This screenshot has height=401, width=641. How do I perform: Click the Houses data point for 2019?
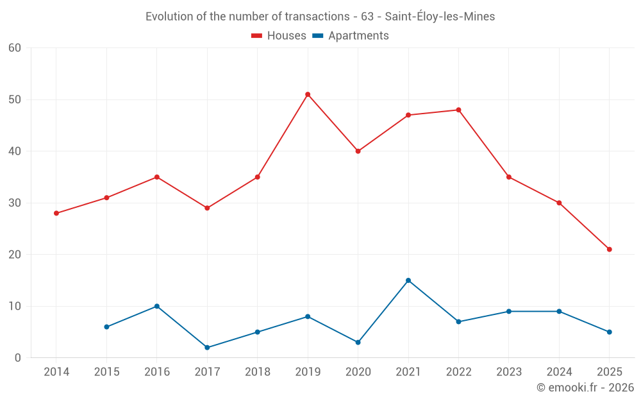[308, 94]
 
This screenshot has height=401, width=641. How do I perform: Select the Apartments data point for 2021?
[408, 280]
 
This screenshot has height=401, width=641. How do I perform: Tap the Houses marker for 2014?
[56, 213]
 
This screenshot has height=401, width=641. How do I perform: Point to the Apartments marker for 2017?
[207, 347]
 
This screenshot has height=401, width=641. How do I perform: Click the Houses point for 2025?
[609, 249]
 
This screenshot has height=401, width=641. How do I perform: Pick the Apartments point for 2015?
[106, 327]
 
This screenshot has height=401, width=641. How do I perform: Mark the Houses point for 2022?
[458, 110]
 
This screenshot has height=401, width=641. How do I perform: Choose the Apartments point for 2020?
[358, 342]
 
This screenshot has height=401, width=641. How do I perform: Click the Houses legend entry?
[278, 36]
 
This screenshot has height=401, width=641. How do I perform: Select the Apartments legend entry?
[351, 36]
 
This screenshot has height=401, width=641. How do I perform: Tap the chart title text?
[320, 17]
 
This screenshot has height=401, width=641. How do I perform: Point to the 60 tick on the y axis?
[15, 48]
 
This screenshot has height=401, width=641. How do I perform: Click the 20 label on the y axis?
[15, 255]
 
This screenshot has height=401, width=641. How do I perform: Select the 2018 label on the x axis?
[257, 372]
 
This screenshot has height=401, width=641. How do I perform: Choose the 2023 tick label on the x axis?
[508, 372]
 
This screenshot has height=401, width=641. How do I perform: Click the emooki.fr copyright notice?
[585, 388]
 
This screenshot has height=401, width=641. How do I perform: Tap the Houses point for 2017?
[207, 208]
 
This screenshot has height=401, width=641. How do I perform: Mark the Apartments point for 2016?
[157, 306]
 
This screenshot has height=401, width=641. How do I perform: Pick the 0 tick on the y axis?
[18, 358]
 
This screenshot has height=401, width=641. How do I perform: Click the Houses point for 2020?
[358, 151]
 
